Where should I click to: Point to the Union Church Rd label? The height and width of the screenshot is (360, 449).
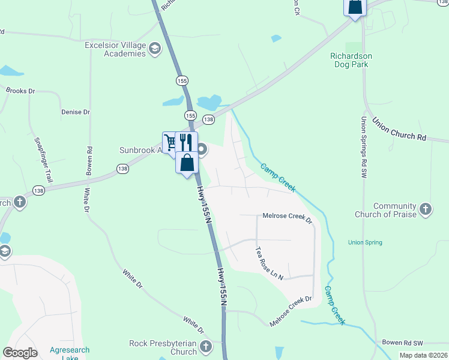point(399,129)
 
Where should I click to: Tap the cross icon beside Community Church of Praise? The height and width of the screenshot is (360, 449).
point(426,209)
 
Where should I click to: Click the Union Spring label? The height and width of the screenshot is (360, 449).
point(365,242)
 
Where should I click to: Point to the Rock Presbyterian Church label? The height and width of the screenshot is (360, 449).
point(163,347)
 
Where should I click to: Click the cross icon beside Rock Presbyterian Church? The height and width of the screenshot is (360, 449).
point(206,346)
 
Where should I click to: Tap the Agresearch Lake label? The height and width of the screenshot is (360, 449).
point(70,354)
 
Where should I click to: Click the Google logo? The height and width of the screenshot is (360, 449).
point(20,353)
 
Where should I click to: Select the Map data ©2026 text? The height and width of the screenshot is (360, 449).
point(423,355)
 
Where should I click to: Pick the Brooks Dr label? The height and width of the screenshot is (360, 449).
point(20,91)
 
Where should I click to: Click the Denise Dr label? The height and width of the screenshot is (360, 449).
point(75,112)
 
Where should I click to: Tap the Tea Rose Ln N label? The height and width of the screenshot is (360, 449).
point(268,263)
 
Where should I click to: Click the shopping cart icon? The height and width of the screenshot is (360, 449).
point(170,142)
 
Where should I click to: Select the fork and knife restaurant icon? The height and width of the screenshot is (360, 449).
point(185,142)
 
